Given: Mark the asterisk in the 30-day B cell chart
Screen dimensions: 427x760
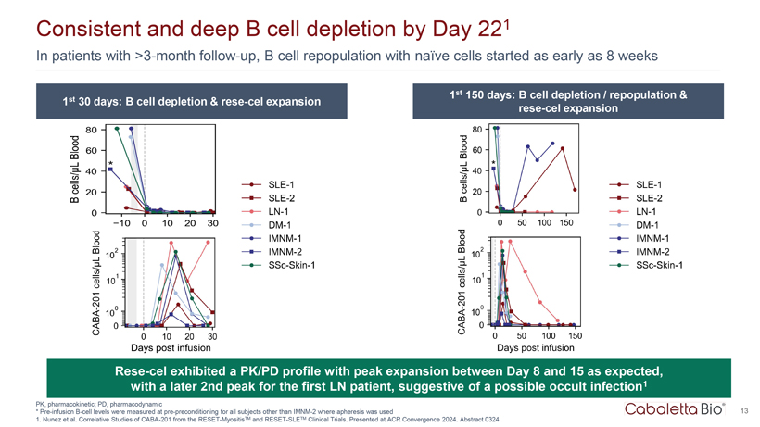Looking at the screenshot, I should point(110,163).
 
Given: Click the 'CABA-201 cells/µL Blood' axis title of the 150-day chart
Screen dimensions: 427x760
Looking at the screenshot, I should point(462,281).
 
